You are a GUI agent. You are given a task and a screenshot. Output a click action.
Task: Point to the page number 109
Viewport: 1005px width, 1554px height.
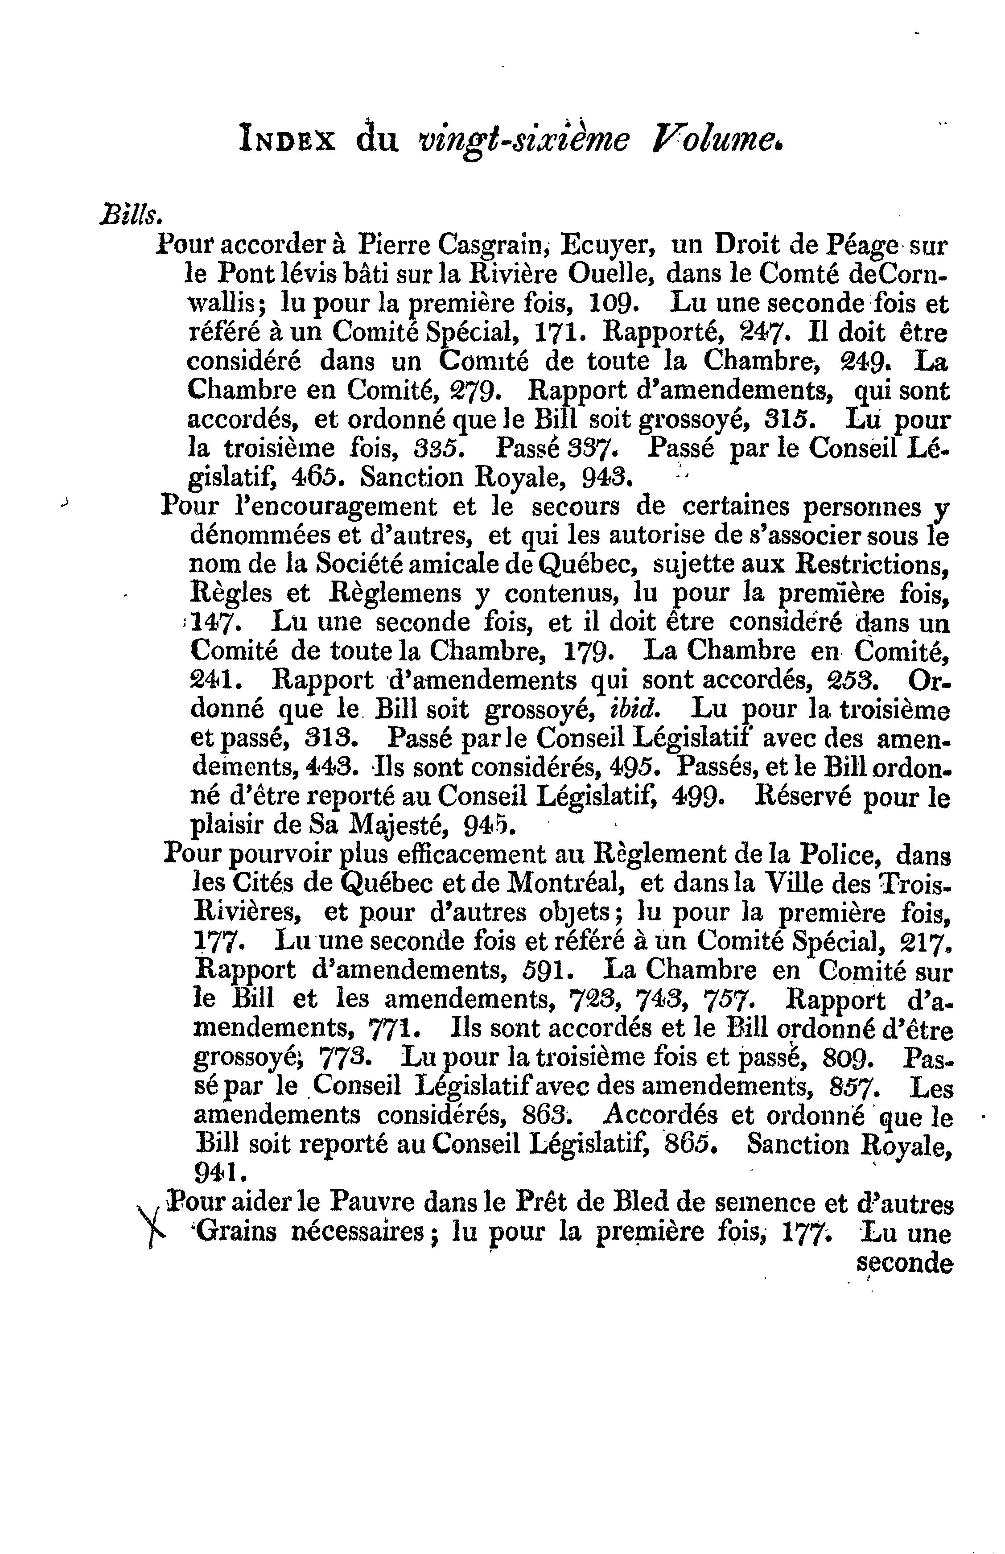pyautogui.click(x=610, y=304)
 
